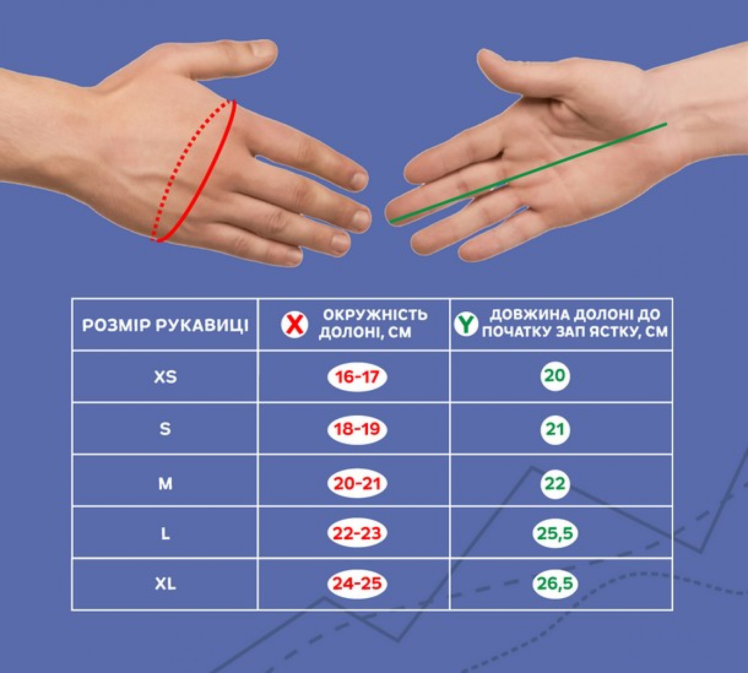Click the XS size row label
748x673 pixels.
165,377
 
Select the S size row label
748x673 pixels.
165,429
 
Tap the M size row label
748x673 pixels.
165,483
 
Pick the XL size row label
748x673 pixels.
165,584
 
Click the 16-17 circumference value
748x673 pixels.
357,377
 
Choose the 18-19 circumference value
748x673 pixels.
357,429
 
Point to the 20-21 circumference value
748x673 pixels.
357,483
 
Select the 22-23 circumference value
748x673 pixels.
357,533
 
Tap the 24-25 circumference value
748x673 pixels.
357,584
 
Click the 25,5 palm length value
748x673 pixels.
555,533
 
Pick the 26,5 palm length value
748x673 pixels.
555,584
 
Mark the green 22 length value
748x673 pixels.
555,483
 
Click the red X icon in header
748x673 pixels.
295,324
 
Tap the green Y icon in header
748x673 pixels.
466,324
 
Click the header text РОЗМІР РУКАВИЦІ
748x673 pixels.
165,325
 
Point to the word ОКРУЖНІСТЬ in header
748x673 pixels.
375,315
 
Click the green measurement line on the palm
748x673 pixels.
528,172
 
